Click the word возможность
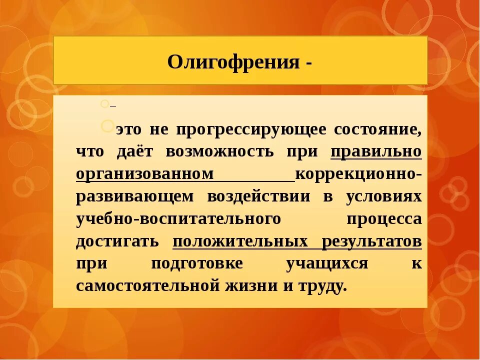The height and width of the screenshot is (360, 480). (220, 151)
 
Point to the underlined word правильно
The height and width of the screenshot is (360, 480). (376, 151)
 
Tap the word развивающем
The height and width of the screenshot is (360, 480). (134, 196)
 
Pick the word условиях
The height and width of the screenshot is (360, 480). (383, 196)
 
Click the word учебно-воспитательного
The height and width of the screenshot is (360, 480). (177, 218)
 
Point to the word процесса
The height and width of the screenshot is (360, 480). (383, 218)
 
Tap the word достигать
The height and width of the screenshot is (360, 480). (117, 241)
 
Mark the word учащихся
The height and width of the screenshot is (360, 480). (327, 263)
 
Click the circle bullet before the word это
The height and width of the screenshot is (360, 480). (107, 125)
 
